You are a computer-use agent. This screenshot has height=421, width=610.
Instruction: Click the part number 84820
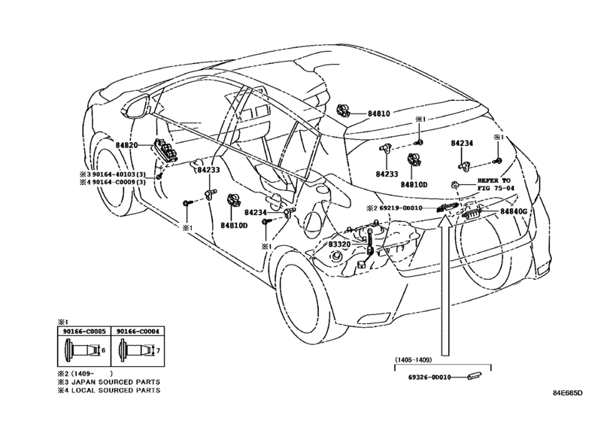pos(126,145)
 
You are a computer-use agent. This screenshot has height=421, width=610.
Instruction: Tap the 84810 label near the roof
pos(378,114)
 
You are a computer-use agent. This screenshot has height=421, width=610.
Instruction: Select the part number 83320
pos(339,244)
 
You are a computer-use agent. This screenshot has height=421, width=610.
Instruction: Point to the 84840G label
pos(513,211)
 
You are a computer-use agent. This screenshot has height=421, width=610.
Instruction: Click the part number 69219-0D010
pos(400,208)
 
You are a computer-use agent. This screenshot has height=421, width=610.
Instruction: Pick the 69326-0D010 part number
pos(429,377)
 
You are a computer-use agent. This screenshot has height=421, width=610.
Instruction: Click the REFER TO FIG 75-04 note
pos(496,184)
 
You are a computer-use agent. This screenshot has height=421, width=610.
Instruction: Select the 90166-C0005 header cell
pos(84,332)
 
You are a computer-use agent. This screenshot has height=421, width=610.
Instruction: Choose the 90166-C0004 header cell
pos(138,332)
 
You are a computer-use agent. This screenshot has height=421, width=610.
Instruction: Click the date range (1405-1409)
pos(413,360)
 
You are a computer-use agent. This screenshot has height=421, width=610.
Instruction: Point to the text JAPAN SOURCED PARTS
pos(116,382)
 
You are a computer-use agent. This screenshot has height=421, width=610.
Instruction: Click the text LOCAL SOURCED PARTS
pos(116,390)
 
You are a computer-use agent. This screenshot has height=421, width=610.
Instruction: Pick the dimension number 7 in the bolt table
pos(158,350)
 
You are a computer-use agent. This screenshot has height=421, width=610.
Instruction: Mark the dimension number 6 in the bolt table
pos(103,350)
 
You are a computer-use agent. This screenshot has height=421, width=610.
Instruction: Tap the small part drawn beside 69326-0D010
pos(473,375)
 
